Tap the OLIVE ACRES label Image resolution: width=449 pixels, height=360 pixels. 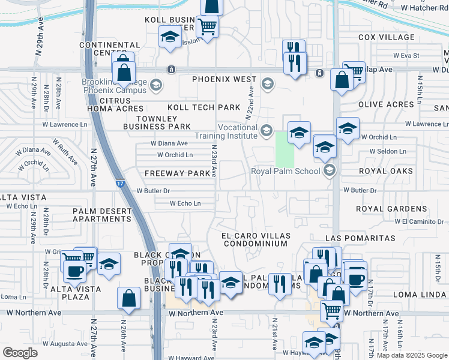[386, 104]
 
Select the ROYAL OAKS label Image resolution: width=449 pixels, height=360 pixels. [386, 171]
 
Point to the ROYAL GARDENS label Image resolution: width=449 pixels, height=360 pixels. [391, 209]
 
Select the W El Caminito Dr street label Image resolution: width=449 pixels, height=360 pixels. [417, 221]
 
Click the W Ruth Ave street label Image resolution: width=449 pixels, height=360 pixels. [64, 152]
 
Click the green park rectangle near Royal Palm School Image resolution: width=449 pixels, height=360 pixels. [285, 150]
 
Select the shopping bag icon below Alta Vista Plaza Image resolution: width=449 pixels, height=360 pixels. [130, 299]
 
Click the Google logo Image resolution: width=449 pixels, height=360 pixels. [20, 353]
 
